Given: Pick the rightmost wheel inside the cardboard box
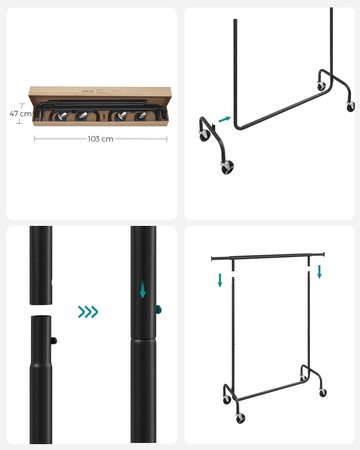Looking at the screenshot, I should pyautogui.click(x=140, y=115).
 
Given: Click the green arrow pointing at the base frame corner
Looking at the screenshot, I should pyautogui.click(x=224, y=119).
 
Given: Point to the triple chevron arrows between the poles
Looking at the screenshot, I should pyautogui.click(x=88, y=312).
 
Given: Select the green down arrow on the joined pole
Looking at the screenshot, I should pyautogui.click(x=143, y=291).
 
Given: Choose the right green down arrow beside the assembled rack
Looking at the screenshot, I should pyautogui.click(x=320, y=272).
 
